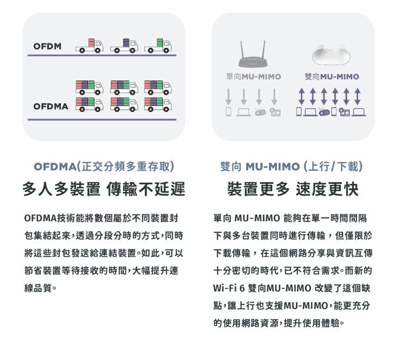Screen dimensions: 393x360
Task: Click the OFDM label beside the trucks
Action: [x=47, y=46]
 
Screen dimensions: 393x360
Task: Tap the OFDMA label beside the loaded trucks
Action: [x=51, y=107]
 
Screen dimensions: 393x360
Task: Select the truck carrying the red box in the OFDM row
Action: [x=89, y=46]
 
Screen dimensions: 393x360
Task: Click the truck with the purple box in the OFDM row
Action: [x=124, y=46]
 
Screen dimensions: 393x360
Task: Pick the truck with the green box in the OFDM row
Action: [x=158, y=46]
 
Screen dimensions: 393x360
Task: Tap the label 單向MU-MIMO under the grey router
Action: [x=254, y=77]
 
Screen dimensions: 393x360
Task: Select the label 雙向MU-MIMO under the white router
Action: [x=332, y=77]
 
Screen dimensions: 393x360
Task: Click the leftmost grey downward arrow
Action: [x=228, y=97]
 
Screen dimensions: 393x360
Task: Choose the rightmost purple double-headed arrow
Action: [x=358, y=96]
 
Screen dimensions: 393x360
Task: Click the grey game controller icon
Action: [x=260, y=113]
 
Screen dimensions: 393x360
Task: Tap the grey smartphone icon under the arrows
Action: [x=228, y=111]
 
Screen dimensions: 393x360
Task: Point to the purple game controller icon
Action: [x=324, y=113]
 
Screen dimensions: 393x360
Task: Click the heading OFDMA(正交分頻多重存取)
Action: [x=104, y=166]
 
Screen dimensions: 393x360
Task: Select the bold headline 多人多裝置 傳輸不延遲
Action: [x=104, y=189]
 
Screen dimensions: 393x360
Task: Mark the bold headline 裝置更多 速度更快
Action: [x=293, y=189]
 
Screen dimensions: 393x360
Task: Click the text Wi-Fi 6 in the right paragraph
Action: [x=229, y=288]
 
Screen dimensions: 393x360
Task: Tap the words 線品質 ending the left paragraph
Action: [x=38, y=288]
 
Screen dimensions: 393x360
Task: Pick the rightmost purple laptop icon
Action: [x=359, y=112]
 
